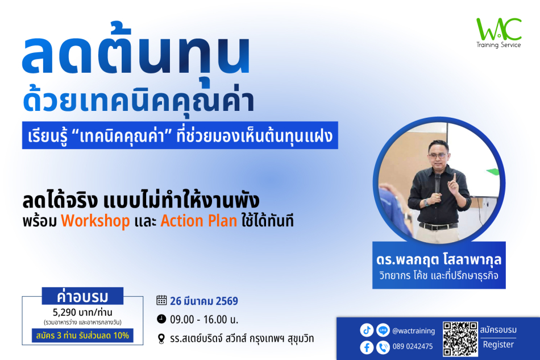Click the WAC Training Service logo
[499, 32]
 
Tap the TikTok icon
[367, 330]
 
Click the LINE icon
[383, 330]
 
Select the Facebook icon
[367, 347]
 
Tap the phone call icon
[383, 347]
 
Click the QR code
[460, 338]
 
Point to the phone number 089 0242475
[413, 346]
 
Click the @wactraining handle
[414, 331]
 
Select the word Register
[499, 345]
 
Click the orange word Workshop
[95, 221]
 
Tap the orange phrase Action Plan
[199, 221]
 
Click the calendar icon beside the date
[161, 300]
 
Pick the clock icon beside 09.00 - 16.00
[161, 319]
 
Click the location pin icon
[161, 338]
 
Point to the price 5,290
[64, 312]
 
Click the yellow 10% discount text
[121, 335]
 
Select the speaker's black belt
[438, 226]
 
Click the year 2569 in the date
[227, 301]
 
